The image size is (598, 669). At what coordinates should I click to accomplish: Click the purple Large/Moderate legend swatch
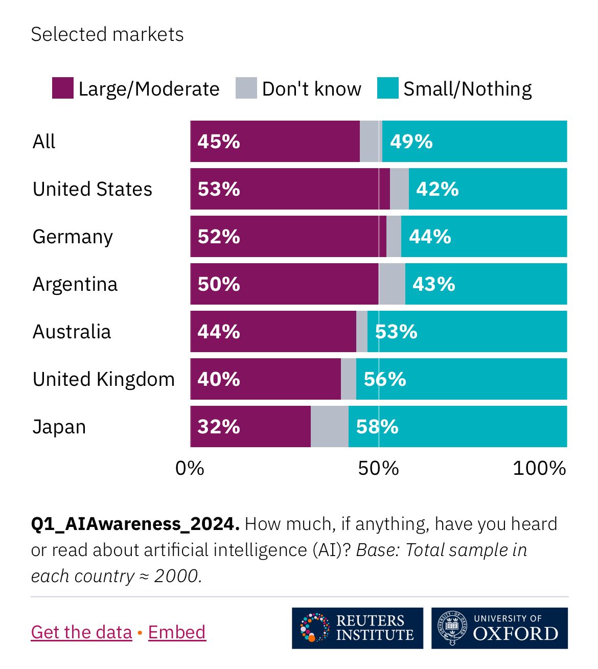62,88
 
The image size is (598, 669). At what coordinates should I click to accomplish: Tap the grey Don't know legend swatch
246,88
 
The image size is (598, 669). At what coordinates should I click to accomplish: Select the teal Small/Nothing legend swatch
387,88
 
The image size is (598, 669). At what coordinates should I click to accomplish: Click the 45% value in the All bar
219,142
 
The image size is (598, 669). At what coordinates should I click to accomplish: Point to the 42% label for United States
437,189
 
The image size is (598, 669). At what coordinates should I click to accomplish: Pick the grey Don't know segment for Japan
329,427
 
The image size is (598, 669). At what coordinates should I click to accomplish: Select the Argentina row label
75,284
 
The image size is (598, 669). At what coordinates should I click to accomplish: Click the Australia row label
72,332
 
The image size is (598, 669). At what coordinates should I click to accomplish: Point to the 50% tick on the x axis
378,468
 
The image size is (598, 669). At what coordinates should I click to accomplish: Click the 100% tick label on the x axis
539,468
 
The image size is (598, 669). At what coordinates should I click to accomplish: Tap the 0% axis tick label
190,468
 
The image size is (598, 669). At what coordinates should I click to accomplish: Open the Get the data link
81,632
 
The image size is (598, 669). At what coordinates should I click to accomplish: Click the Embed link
177,632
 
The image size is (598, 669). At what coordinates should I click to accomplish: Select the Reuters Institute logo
357,628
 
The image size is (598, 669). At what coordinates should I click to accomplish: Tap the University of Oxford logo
499,628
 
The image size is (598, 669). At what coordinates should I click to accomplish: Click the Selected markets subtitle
107,34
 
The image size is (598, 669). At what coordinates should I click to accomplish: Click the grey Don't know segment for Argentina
392,284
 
